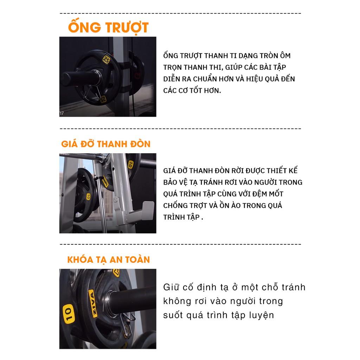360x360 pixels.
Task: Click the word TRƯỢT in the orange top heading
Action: (x=127, y=28)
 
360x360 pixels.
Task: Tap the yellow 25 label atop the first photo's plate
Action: (x=106, y=60)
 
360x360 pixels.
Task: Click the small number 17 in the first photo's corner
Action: (x=62, y=113)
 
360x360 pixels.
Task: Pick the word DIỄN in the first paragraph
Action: (x=172, y=78)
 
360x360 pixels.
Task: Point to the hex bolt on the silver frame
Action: (x=115, y=199)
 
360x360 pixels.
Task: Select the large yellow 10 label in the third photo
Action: (x=69, y=314)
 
